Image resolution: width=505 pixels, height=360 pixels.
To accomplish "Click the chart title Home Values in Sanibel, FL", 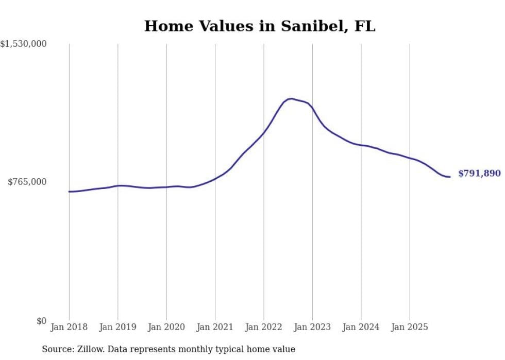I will [260, 26].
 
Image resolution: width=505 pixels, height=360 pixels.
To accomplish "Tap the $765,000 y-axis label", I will [27, 182].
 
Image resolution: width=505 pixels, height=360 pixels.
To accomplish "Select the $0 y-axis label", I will [41, 321].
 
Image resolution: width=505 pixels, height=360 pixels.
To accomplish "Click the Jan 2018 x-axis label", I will [69, 327].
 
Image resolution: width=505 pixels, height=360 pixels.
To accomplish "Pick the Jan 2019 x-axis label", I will [117, 327].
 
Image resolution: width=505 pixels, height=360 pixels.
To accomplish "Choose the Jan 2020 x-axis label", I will [166, 327].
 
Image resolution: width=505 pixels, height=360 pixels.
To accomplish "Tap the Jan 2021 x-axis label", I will [215, 327].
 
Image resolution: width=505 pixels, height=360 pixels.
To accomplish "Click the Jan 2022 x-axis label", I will [264, 327].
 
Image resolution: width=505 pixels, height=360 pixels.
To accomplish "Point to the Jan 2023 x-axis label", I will [312, 327].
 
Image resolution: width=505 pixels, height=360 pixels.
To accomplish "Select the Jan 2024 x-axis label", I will [361, 327].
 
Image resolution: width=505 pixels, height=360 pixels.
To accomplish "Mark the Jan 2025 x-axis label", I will [410, 327].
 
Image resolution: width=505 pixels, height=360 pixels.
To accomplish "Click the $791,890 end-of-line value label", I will [479, 174].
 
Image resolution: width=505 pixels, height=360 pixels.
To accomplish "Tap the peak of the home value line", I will [291, 98].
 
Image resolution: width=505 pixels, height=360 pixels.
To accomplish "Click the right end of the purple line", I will [450, 177].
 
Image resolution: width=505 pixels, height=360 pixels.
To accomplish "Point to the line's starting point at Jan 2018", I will [69, 192].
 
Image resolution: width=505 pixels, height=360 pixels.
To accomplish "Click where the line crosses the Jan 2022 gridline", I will [264, 133].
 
